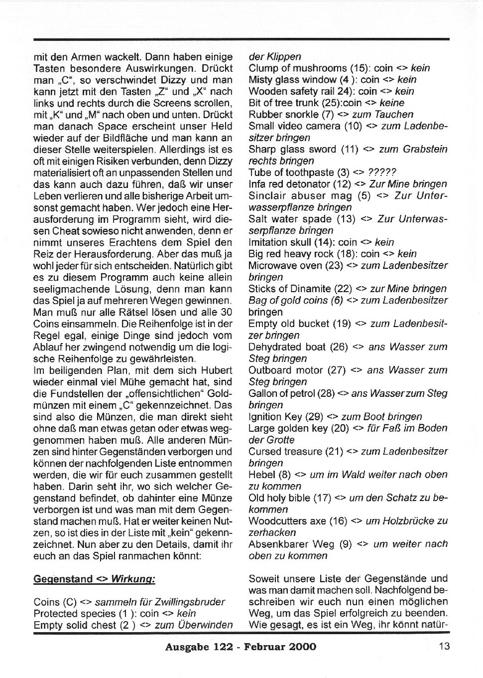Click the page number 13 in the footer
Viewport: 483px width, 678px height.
pyautogui.click(x=444, y=646)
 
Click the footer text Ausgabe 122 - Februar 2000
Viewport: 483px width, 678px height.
pyautogui.click(x=241, y=647)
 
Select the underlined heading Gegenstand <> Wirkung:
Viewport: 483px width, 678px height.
pyautogui.click(x=94, y=579)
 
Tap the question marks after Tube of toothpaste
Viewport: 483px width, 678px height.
pyautogui.click(x=381, y=172)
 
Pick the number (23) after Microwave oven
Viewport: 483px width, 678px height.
pyautogui.click(x=334, y=265)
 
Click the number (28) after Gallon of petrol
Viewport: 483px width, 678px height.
pyautogui.click(x=326, y=393)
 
